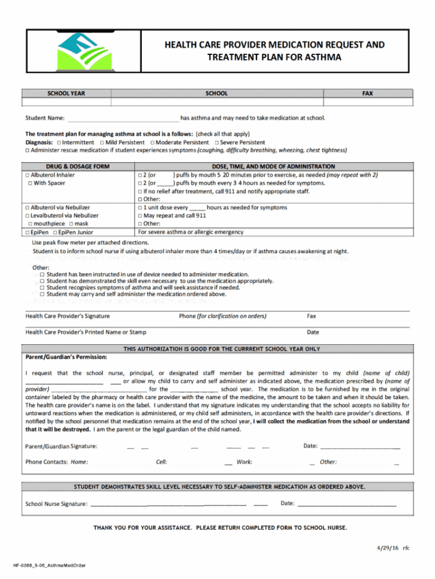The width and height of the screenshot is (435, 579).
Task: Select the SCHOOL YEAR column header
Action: pyautogui.click(x=66, y=93)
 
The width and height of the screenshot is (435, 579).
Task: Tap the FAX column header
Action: pyautogui.click(x=368, y=93)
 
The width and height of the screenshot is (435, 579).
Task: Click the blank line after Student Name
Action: pyautogui.click(x=123, y=119)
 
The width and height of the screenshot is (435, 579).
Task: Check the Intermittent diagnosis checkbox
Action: pyautogui.click(x=59, y=142)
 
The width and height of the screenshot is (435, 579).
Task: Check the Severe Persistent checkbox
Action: pyautogui.click(x=217, y=142)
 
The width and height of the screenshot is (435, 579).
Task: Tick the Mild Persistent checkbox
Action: pyautogui.click(x=101, y=142)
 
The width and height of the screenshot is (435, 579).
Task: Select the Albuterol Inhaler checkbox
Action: pyautogui.click(x=28, y=175)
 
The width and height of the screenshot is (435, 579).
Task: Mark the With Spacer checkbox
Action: pyautogui.click(x=31, y=183)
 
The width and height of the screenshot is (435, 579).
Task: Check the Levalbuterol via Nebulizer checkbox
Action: pyautogui.click(x=28, y=215)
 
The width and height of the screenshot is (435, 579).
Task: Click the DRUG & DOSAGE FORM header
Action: pyautogui.click(x=77, y=167)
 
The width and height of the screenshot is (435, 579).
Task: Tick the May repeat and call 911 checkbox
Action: pyautogui.click(x=141, y=215)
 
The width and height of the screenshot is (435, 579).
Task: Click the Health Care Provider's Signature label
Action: pyautogui.click(x=67, y=316)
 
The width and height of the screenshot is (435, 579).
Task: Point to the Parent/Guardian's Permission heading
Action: pyautogui.click(x=66, y=357)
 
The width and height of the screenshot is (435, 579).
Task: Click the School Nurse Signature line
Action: pyautogui.click(x=168, y=504)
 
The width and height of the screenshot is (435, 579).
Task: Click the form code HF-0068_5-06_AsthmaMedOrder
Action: pyautogui.click(x=49, y=565)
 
